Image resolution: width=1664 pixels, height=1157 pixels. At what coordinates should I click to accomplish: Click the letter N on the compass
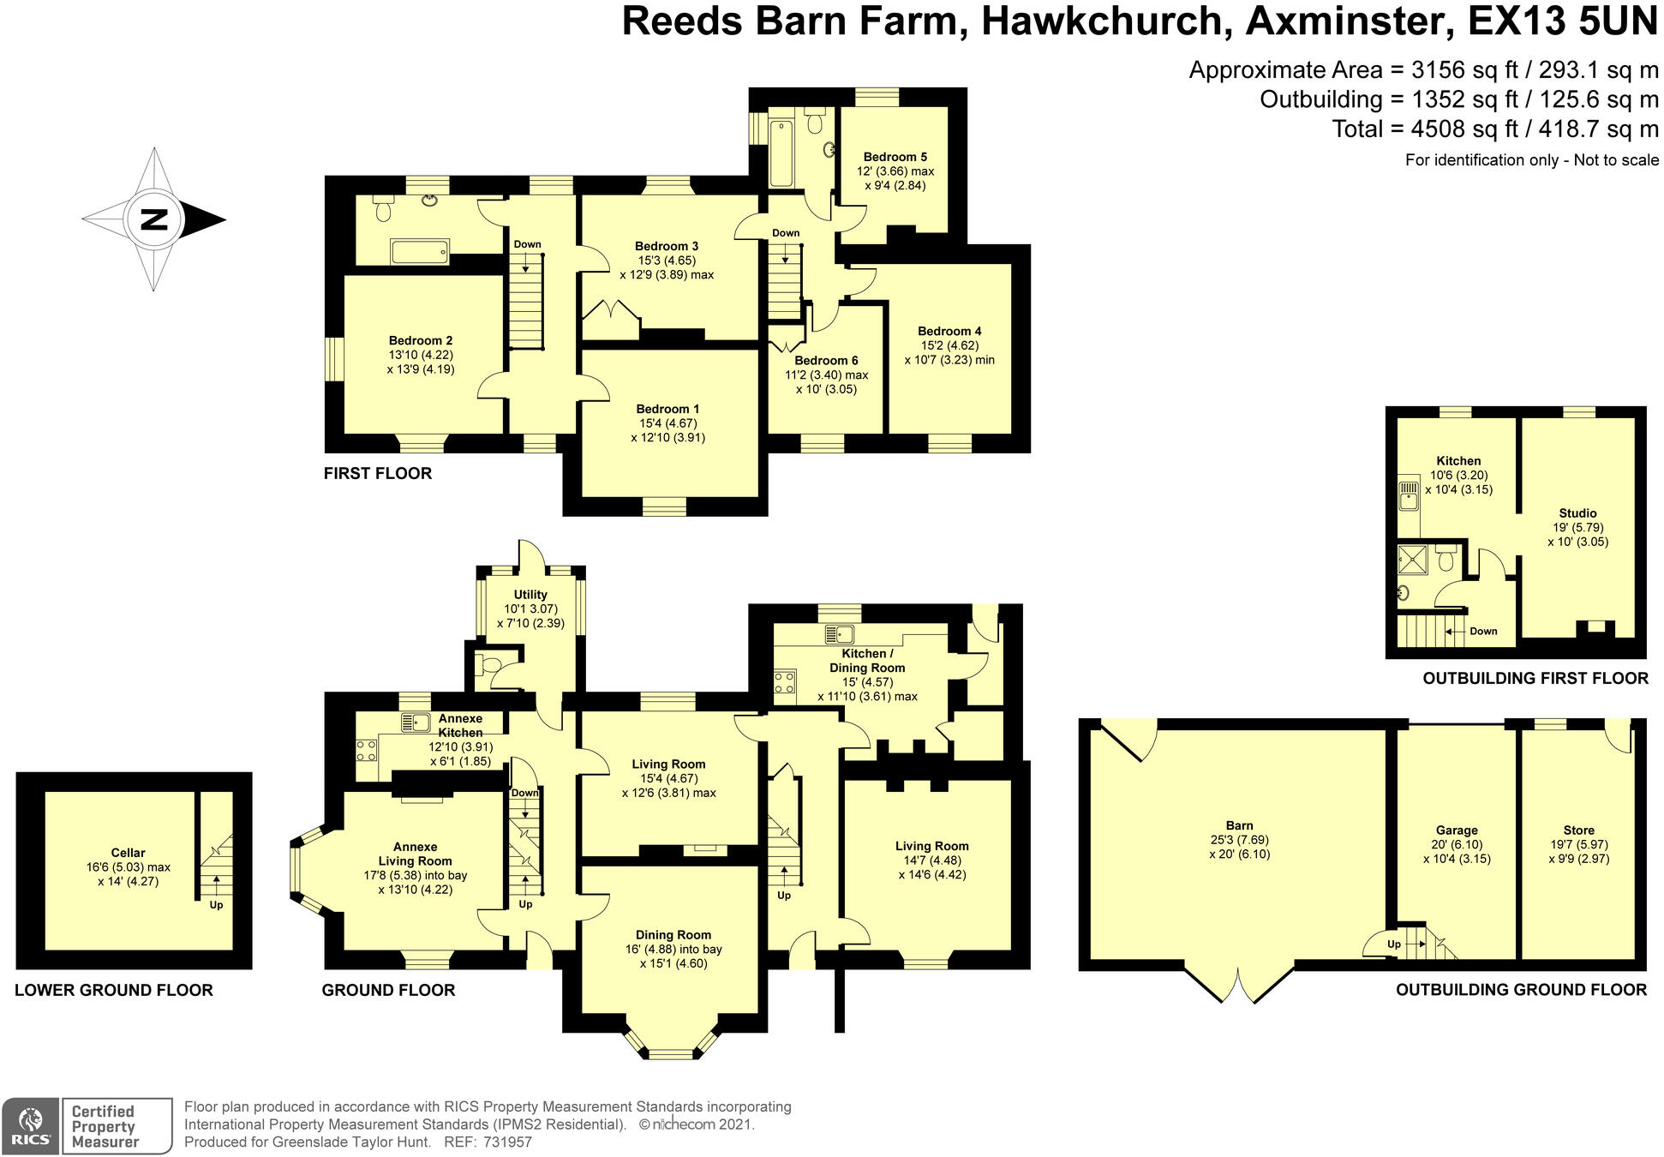[153, 220]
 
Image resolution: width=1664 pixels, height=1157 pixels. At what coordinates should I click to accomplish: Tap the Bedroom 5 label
[895, 157]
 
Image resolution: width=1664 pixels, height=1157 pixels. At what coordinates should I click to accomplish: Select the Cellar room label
[128, 853]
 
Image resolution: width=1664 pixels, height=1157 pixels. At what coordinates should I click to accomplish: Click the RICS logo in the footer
[31, 1125]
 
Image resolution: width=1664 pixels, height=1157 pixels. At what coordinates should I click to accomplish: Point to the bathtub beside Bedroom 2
[419, 252]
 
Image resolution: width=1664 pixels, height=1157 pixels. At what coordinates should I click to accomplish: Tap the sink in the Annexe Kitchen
[416, 722]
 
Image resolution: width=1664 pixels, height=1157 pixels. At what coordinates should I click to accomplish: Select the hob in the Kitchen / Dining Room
[784, 682]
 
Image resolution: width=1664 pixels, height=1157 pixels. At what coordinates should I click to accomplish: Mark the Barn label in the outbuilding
[1239, 825]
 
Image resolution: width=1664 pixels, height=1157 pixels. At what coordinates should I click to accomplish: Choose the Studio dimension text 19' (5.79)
[1577, 528]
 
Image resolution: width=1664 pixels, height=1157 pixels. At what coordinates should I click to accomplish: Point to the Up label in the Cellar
[216, 905]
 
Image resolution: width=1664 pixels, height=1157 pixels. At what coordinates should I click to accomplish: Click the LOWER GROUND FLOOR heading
[113, 990]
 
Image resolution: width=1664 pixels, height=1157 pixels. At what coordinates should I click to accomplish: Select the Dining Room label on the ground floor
[673, 935]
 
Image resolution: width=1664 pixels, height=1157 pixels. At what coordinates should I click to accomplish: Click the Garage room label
[1457, 830]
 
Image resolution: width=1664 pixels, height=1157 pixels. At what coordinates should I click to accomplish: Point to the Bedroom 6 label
[825, 361]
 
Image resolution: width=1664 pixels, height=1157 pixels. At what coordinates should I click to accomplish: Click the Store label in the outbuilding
[1578, 830]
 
